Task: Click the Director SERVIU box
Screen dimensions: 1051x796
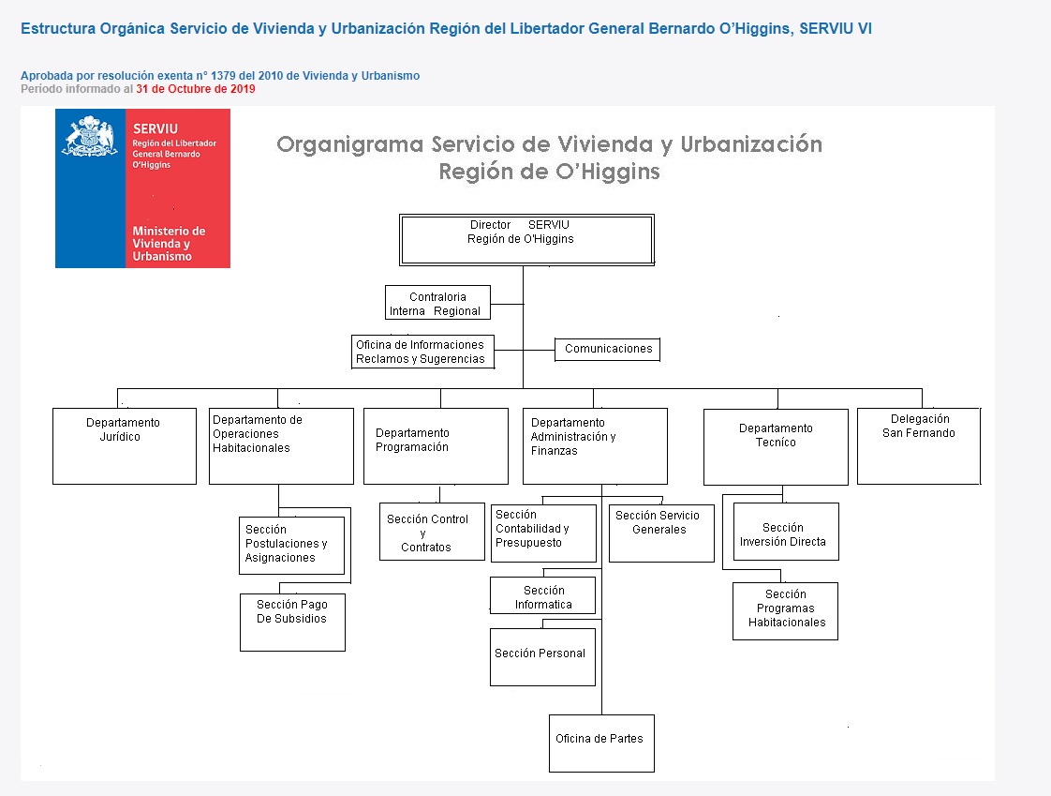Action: click(x=526, y=240)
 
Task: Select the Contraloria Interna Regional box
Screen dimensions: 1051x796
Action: click(x=437, y=303)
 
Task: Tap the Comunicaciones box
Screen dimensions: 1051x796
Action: click(x=607, y=349)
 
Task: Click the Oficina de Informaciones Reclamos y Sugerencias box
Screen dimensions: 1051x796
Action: click(x=423, y=352)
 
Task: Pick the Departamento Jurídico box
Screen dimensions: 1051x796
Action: click(x=125, y=446)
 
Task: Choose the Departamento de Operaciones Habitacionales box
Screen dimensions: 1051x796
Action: click(x=282, y=446)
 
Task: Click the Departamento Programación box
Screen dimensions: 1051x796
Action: click(x=436, y=446)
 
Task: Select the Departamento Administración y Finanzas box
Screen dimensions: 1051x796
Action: click(x=595, y=446)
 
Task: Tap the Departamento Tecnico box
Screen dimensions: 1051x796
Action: click(x=776, y=447)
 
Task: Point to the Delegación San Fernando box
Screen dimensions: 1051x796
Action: click(x=919, y=446)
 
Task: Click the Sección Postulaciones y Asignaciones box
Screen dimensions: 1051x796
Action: click(x=291, y=545)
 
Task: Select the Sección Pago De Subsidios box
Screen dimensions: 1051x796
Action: click(x=292, y=623)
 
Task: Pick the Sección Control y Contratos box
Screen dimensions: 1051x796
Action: click(x=432, y=532)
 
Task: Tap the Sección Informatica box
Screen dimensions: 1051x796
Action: click(x=543, y=595)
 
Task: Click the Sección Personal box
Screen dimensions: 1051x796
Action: click(x=543, y=657)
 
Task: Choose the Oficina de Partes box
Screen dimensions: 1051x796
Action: click(x=601, y=743)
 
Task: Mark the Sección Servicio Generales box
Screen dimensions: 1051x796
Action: click(x=661, y=533)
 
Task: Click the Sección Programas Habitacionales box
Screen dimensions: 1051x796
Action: click(x=785, y=610)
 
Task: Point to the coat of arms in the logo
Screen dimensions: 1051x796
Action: click(x=90, y=136)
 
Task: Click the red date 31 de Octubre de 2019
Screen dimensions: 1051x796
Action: click(x=196, y=89)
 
